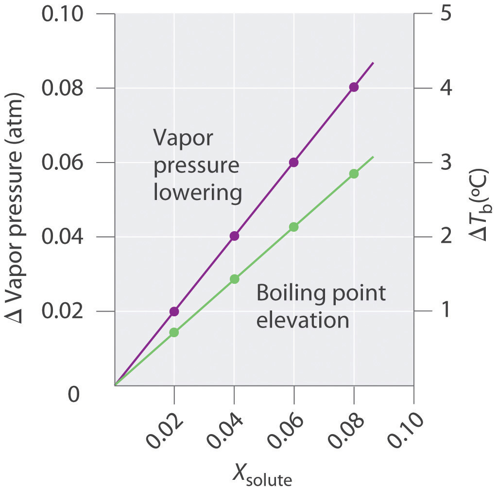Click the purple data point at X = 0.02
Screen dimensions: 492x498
point(174,311)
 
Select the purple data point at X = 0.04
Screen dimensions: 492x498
point(234,236)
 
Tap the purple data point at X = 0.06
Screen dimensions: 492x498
point(293,163)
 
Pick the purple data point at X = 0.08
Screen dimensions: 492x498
point(354,87)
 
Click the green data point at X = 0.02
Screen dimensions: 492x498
point(174,332)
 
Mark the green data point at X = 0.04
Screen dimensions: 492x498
point(234,279)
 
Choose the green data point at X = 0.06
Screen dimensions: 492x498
point(293,227)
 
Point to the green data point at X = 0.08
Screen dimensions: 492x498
point(354,174)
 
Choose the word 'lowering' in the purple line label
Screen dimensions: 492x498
point(197,193)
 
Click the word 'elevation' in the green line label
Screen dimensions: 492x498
point(303,321)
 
